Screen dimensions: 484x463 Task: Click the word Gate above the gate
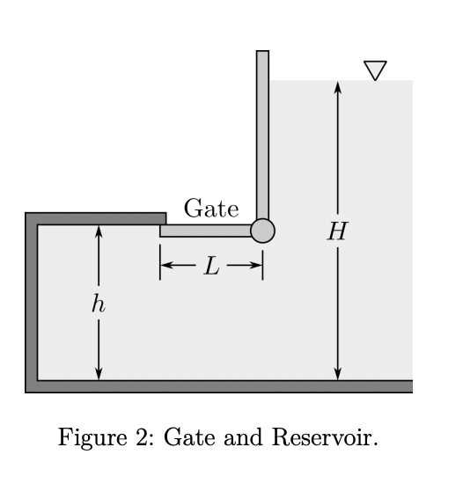coord(210,209)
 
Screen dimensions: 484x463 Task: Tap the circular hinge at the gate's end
coord(262,231)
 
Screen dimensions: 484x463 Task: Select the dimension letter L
coord(211,266)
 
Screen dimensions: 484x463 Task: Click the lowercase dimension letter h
coord(98,304)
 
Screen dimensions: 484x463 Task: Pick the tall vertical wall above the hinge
coord(262,132)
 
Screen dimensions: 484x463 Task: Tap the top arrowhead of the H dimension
coord(337,86)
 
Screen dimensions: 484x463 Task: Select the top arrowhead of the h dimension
coord(99,231)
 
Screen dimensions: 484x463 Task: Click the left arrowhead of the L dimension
coord(166,265)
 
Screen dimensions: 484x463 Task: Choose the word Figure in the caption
coord(87,437)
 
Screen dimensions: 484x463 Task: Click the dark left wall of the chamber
coord(32,299)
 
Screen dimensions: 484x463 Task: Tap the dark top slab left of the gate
coord(97,218)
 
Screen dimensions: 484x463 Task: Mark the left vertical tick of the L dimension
coord(159,265)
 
